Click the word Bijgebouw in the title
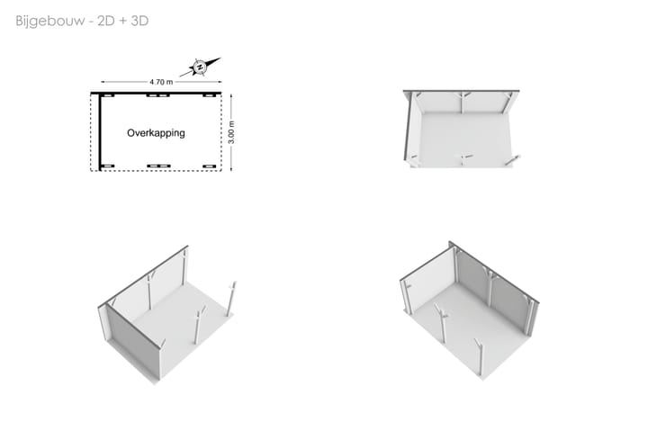coord(50,21)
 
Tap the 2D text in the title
coord(105,21)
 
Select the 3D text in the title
coord(139,21)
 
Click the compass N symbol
coord(200,67)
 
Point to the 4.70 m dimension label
coord(161,82)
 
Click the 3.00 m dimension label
coord(231,132)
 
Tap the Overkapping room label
coord(156,133)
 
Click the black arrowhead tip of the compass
coord(220,58)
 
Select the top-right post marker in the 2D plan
coord(209,95)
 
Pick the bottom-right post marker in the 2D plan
coord(209,166)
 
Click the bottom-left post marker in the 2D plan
coord(108,166)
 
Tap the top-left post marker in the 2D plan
coord(108,95)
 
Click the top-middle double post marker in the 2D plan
coord(158,95)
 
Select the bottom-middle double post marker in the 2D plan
coord(158,166)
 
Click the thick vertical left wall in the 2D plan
coord(100,131)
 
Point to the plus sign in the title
coord(122,21)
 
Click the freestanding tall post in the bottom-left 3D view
coord(231,299)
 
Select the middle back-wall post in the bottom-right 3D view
coord(490,289)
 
